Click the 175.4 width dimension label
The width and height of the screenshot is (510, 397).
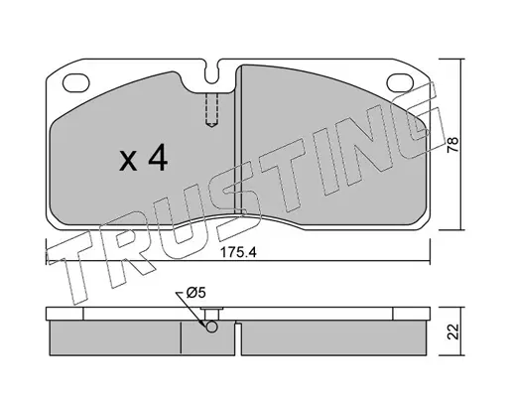[x=238, y=253]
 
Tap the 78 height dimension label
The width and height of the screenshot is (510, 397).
[x=452, y=144]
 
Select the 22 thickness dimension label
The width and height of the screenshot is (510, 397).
[x=452, y=331]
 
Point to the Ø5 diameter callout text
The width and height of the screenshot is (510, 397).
[x=195, y=293]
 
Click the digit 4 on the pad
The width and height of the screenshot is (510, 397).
[x=158, y=158]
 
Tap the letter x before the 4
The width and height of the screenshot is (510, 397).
[x=128, y=161]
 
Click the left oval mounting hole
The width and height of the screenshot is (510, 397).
[x=76, y=82]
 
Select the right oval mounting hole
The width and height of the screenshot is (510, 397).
[x=400, y=82]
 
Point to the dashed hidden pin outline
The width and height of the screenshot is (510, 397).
[x=212, y=110]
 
